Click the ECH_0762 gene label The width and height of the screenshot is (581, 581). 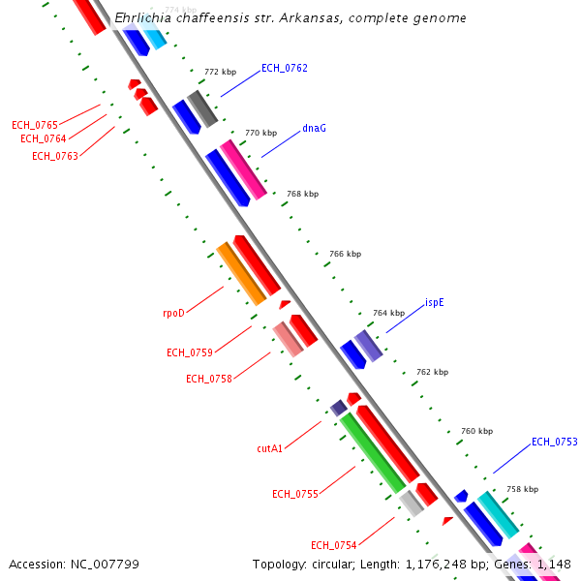tap(285, 68)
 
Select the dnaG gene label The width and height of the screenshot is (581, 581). tap(314, 127)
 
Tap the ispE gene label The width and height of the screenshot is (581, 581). tap(435, 302)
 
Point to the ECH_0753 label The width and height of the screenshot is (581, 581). tap(554, 442)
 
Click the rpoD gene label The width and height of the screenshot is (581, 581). tap(173, 313)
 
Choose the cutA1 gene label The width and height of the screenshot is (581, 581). tap(269, 448)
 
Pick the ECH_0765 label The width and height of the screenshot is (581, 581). tap(35, 125)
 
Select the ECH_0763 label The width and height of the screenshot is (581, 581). tap(55, 156)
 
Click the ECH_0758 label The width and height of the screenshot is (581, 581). tap(209, 379)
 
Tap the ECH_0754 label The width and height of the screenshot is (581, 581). tap(334, 545)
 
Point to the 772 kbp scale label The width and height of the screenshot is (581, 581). tap(220, 72)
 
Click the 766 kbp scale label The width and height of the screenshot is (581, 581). tap(345, 254)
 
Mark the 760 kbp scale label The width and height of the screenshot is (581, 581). tap(476, 431)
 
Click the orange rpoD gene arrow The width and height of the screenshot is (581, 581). tap(240, 273)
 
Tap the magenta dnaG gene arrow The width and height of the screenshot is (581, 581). tap(243, 169)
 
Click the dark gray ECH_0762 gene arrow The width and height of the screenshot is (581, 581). tap(202, 107)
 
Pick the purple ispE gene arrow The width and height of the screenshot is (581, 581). tap(368, 345)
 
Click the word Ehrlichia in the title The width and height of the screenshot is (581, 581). tap(143, 18)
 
